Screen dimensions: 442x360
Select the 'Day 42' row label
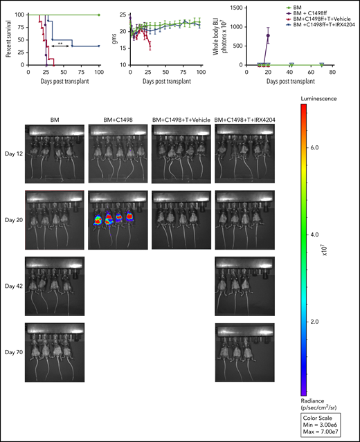click(12, 285)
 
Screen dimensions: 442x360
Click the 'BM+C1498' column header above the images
click(114, 120)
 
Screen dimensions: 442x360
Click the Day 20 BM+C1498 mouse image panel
click(115, 219)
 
